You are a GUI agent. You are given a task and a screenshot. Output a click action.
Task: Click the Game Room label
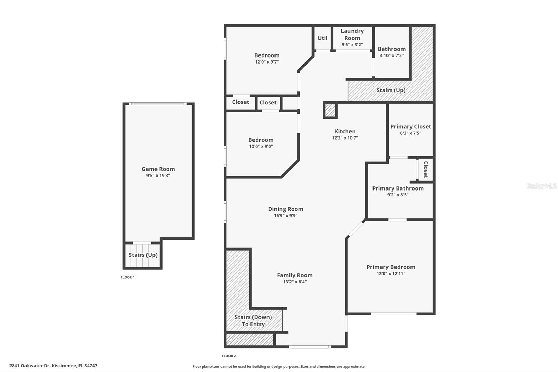158,169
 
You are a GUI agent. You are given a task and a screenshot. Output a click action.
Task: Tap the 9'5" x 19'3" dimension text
158,176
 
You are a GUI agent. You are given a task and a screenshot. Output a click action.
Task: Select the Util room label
322,38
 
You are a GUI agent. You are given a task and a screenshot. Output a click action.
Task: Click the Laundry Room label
352,35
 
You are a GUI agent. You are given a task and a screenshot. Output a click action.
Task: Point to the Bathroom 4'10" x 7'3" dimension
392,55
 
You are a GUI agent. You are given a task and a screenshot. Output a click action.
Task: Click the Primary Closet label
410,127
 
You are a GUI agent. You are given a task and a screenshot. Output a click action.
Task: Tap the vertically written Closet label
425,169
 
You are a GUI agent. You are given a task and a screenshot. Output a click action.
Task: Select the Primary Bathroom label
398,188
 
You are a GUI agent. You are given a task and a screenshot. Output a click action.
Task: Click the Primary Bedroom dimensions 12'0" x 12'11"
391,274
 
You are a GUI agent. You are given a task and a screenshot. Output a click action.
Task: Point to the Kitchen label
345,131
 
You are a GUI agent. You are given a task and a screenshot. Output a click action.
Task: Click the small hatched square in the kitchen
330,110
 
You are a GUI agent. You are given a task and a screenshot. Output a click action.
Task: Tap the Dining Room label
286,209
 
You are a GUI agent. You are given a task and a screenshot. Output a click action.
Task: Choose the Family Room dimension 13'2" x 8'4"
295,282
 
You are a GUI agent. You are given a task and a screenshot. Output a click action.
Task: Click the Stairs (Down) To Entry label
253,320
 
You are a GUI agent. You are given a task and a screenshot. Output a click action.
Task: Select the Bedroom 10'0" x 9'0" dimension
261,147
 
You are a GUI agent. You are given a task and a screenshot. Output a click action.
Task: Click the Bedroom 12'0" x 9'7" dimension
267,62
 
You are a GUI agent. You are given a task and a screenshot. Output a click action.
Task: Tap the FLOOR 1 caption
127,277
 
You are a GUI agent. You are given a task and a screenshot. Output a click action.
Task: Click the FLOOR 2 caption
229,356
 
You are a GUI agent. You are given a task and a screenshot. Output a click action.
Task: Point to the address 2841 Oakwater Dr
53,366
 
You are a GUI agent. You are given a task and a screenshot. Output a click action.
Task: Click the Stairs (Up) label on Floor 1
143,255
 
